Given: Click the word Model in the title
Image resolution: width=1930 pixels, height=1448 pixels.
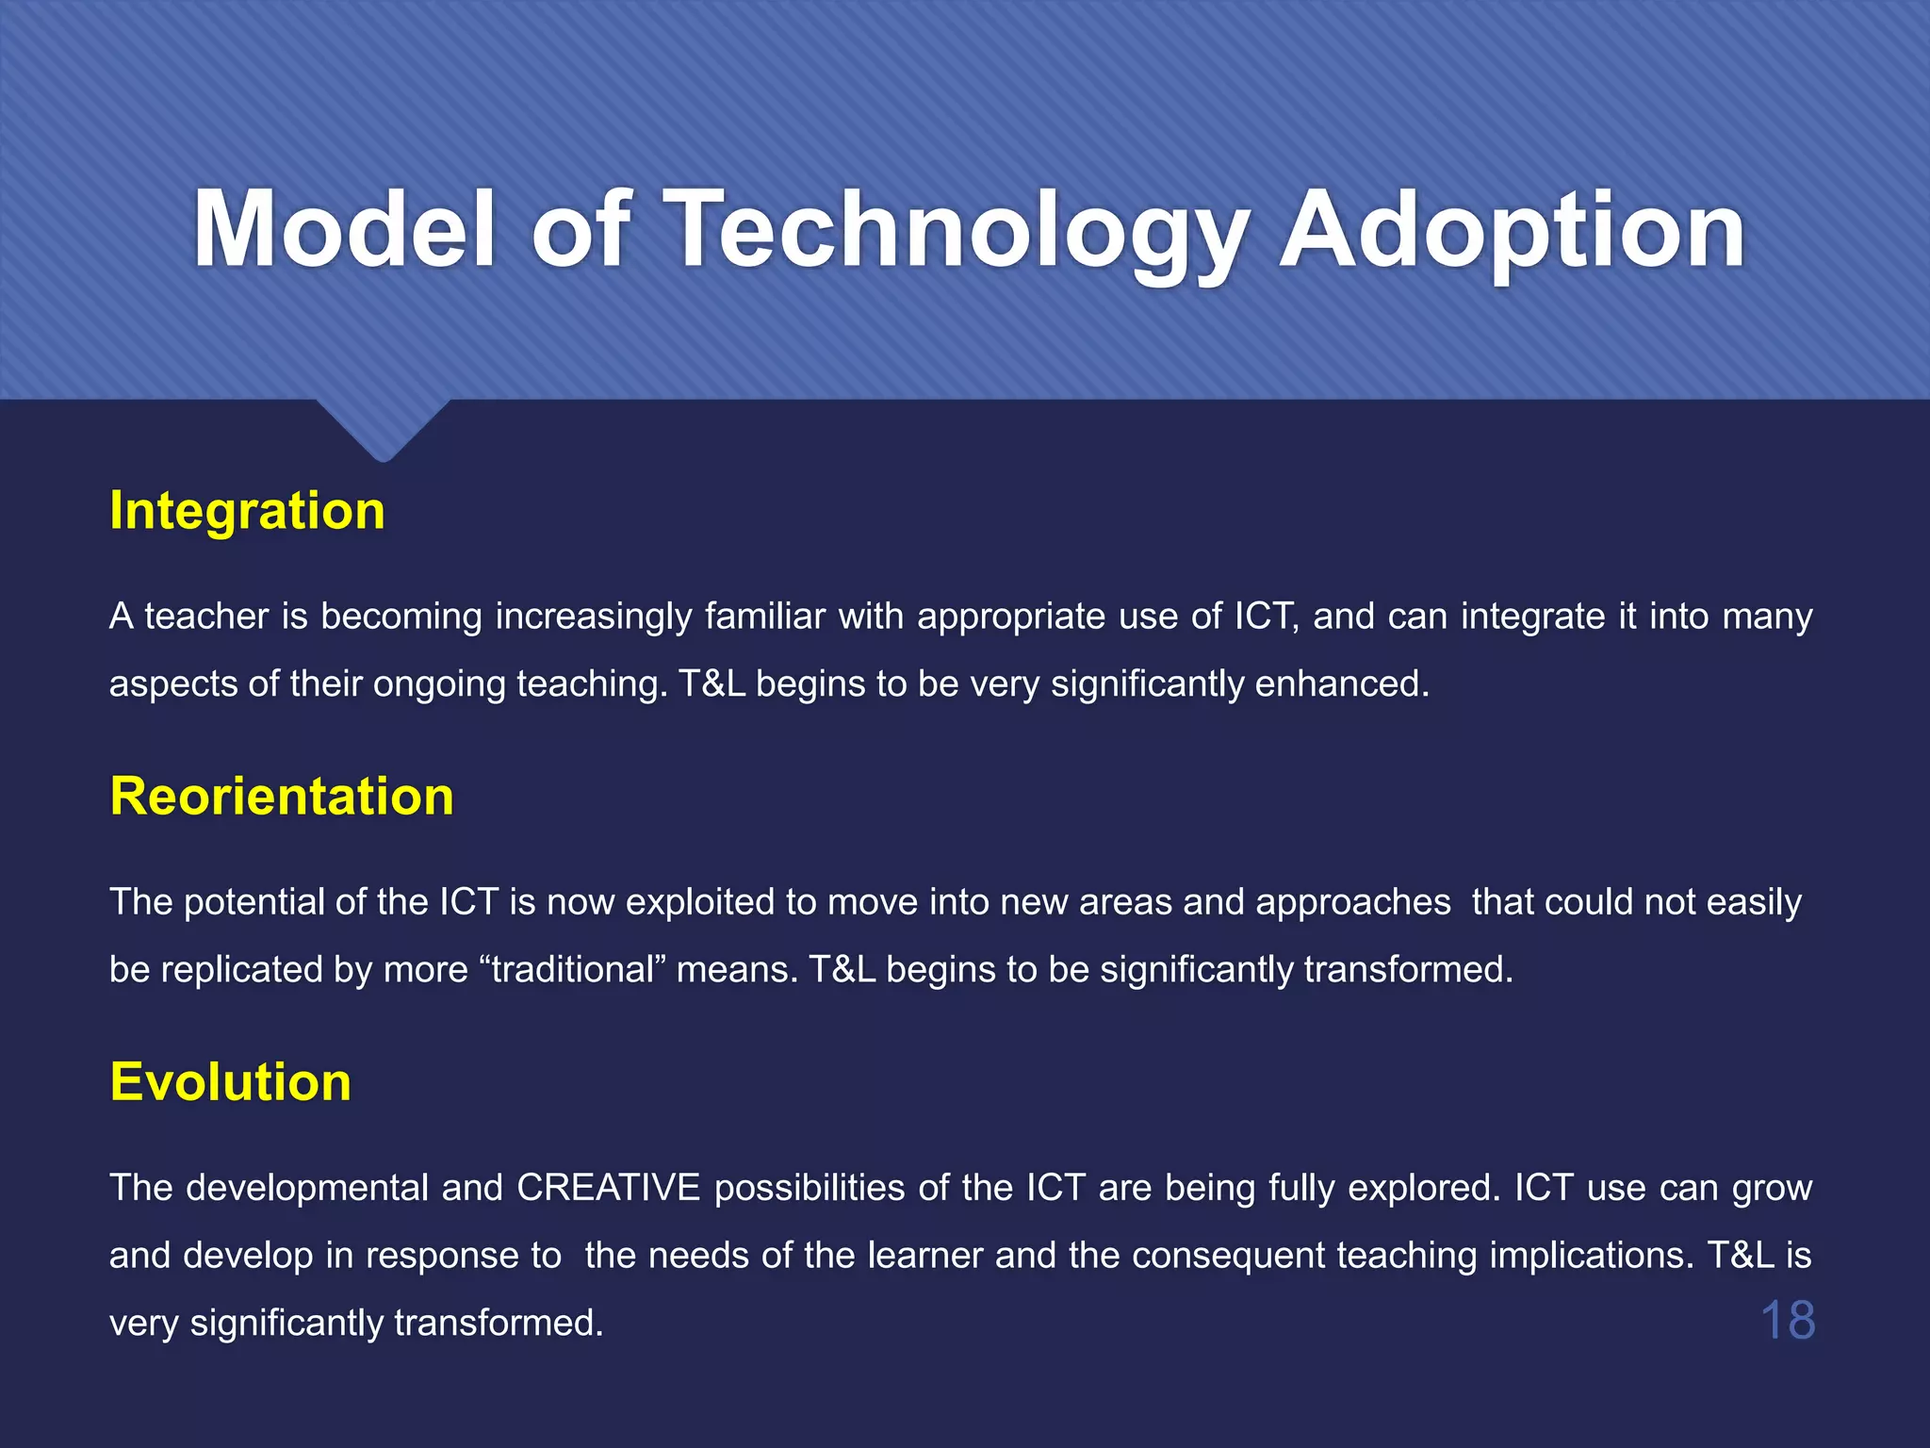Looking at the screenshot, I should pyautogui.click(x=344, y=230).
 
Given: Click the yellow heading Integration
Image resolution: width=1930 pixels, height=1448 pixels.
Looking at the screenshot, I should pyautogui.click(x=247, y=511).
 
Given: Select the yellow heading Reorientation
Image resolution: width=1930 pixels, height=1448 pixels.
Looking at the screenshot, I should pyautogui.click(x=282, y=797).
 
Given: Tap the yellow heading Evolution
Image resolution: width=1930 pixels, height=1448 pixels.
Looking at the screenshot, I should pyautogui.click(x=230, y=1082).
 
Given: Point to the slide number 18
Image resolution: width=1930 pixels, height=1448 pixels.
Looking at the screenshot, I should pyautogui.click(x=1787, y=1320).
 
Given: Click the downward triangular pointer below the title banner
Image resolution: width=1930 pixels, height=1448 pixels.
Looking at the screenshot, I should pyautogui.click(x=383, y=430).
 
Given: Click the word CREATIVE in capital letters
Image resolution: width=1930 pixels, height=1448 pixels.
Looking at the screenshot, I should pyautogui.click(x=608, y=1188).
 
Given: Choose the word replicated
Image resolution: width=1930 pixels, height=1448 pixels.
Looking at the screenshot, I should pyautogui.click(x=243, y=970).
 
